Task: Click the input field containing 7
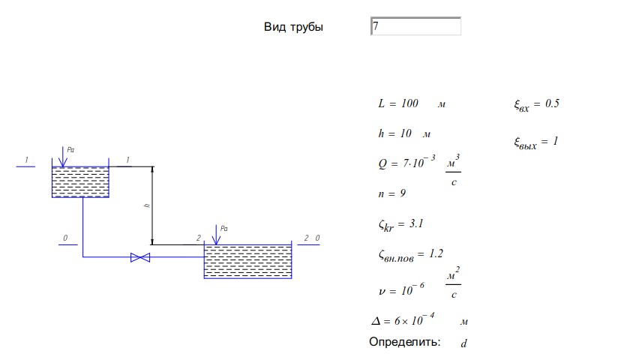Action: coord(415,26)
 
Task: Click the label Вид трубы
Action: coord(293,27)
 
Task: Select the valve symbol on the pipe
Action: coord(140,257)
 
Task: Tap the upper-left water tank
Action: coord(80,181)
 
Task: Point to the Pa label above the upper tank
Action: coord(70,150)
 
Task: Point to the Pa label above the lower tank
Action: coord(224,229)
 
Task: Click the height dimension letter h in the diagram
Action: coord(147,205)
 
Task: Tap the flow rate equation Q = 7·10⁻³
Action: coord(406,162)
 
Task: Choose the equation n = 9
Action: coord(392,193)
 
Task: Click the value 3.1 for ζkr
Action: coord(416,223)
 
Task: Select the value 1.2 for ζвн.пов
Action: coord(436,253)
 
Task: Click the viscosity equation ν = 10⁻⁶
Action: coord(401,289)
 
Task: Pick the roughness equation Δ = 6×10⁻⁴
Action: coord(403,319)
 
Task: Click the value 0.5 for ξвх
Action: coord(552,103)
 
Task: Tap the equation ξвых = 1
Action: coord(536,142)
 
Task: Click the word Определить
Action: coord(405,342)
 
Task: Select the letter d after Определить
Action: coord(463,343)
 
